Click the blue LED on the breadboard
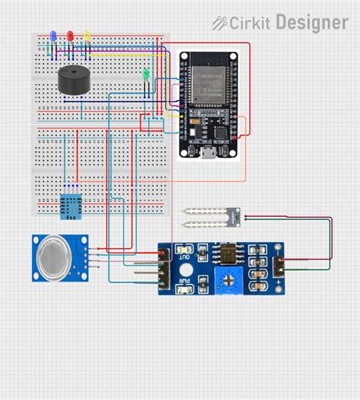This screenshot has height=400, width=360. [x=52, y=35]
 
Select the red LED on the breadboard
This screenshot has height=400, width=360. [x=70, y=35]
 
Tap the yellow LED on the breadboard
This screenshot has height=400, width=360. [x=87, y=35]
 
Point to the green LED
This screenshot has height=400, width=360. [x=145, y=74]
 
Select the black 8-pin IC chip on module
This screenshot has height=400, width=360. [x=226, y=252]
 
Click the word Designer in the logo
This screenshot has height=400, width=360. [x=311, y=23]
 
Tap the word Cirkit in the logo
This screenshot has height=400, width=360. [x=251, y=23]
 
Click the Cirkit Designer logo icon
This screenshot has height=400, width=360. [x=219, y=23]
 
